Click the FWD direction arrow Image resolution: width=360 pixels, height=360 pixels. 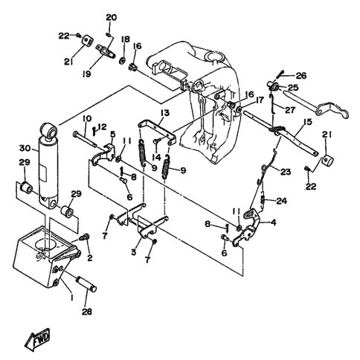pos(38,339)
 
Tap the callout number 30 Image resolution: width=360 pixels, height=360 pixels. pos(25,149)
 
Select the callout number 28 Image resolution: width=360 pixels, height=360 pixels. pos(87,312)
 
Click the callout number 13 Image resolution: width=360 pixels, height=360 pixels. pos(165,113)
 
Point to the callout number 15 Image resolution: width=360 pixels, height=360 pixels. pos(308,122)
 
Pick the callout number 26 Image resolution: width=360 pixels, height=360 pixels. pos(301,75)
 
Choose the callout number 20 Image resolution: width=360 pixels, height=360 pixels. pos(112,18)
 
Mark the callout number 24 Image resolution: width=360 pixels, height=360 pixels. pos(281,201)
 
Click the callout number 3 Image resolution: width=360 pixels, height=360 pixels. pos(134,252)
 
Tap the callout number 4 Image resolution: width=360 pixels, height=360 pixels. pos(274,222)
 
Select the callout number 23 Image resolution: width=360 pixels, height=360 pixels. pos(285,172)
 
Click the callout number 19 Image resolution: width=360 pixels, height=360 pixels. pos(87,74)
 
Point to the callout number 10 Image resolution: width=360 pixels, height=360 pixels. pos(87,118)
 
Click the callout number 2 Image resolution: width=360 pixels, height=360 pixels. pos(90,257)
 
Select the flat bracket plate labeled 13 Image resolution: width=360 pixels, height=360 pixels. pos(157,132)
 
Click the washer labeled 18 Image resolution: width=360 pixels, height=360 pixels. pos(122,60)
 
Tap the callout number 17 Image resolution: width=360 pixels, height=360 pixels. pos(260,100)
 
